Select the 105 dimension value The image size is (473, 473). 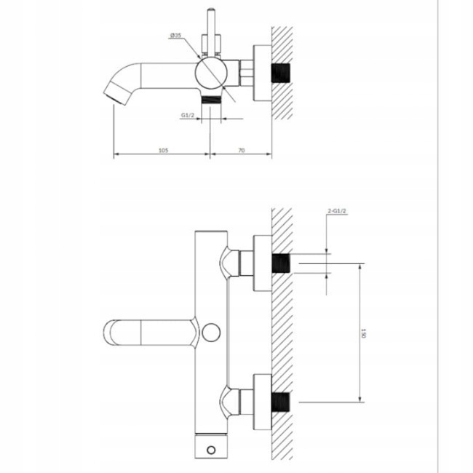click(163, 149)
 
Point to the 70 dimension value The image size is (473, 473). click(241, 149)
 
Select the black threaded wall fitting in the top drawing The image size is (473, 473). click(282, 73)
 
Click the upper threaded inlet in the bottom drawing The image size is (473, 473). click(282, 263)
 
